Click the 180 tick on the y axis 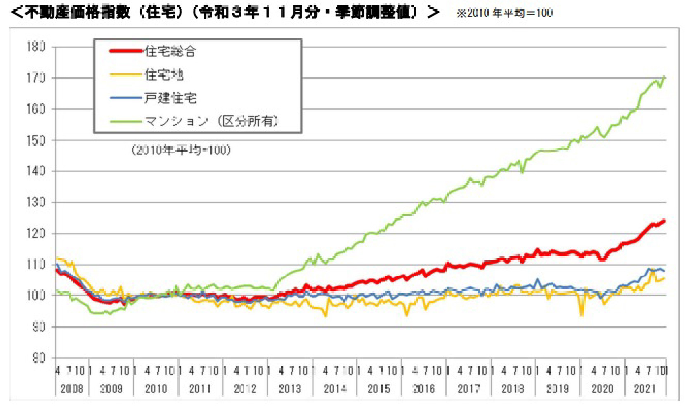click(36, 47)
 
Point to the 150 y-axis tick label click(36, 140)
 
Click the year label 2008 click(72, 389)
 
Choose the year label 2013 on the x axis click(290, 389)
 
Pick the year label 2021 click(644, 389)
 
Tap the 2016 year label click(423, 389)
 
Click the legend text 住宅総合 click(170, 51)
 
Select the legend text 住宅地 click(164, 75)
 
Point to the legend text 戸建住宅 click(170, 98)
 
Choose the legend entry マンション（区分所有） click(212, 121)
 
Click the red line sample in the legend click(126, 51)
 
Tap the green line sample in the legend click(126, 122)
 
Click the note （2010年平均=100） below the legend click(181, 150)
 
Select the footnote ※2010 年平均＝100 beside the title click(504, 13)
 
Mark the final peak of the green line click(664, 77)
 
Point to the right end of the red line click(664, 221)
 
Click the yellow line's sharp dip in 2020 click(582, 315)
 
